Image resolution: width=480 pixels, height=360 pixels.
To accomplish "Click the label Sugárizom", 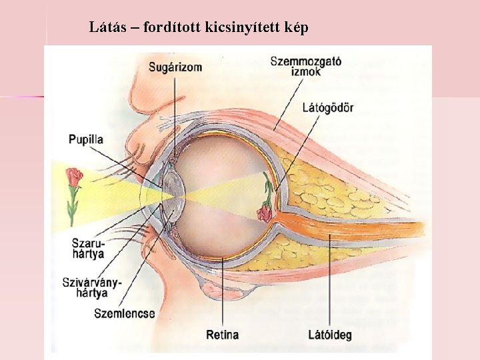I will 175,67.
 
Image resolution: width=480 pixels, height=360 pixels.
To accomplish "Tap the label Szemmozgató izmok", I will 305,65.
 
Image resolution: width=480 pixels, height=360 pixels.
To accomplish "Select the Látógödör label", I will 327,107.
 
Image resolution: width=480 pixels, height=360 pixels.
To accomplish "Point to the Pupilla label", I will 86,139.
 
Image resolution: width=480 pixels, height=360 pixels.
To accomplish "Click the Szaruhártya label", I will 89,247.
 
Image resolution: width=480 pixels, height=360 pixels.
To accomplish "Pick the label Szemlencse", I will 125,313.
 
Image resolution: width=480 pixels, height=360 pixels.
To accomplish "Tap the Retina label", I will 223,334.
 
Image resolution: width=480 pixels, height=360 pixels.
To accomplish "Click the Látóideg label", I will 330,334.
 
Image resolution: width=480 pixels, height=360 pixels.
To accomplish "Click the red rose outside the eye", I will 73,177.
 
